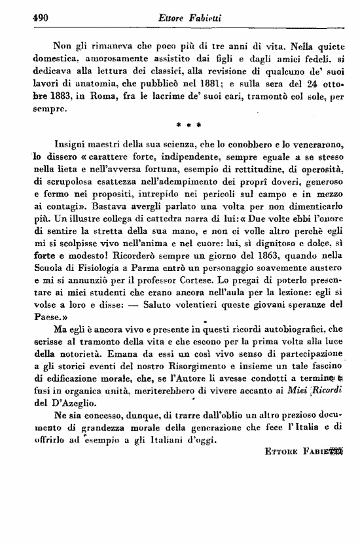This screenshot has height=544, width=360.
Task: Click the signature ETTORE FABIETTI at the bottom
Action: tap(306, 452)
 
